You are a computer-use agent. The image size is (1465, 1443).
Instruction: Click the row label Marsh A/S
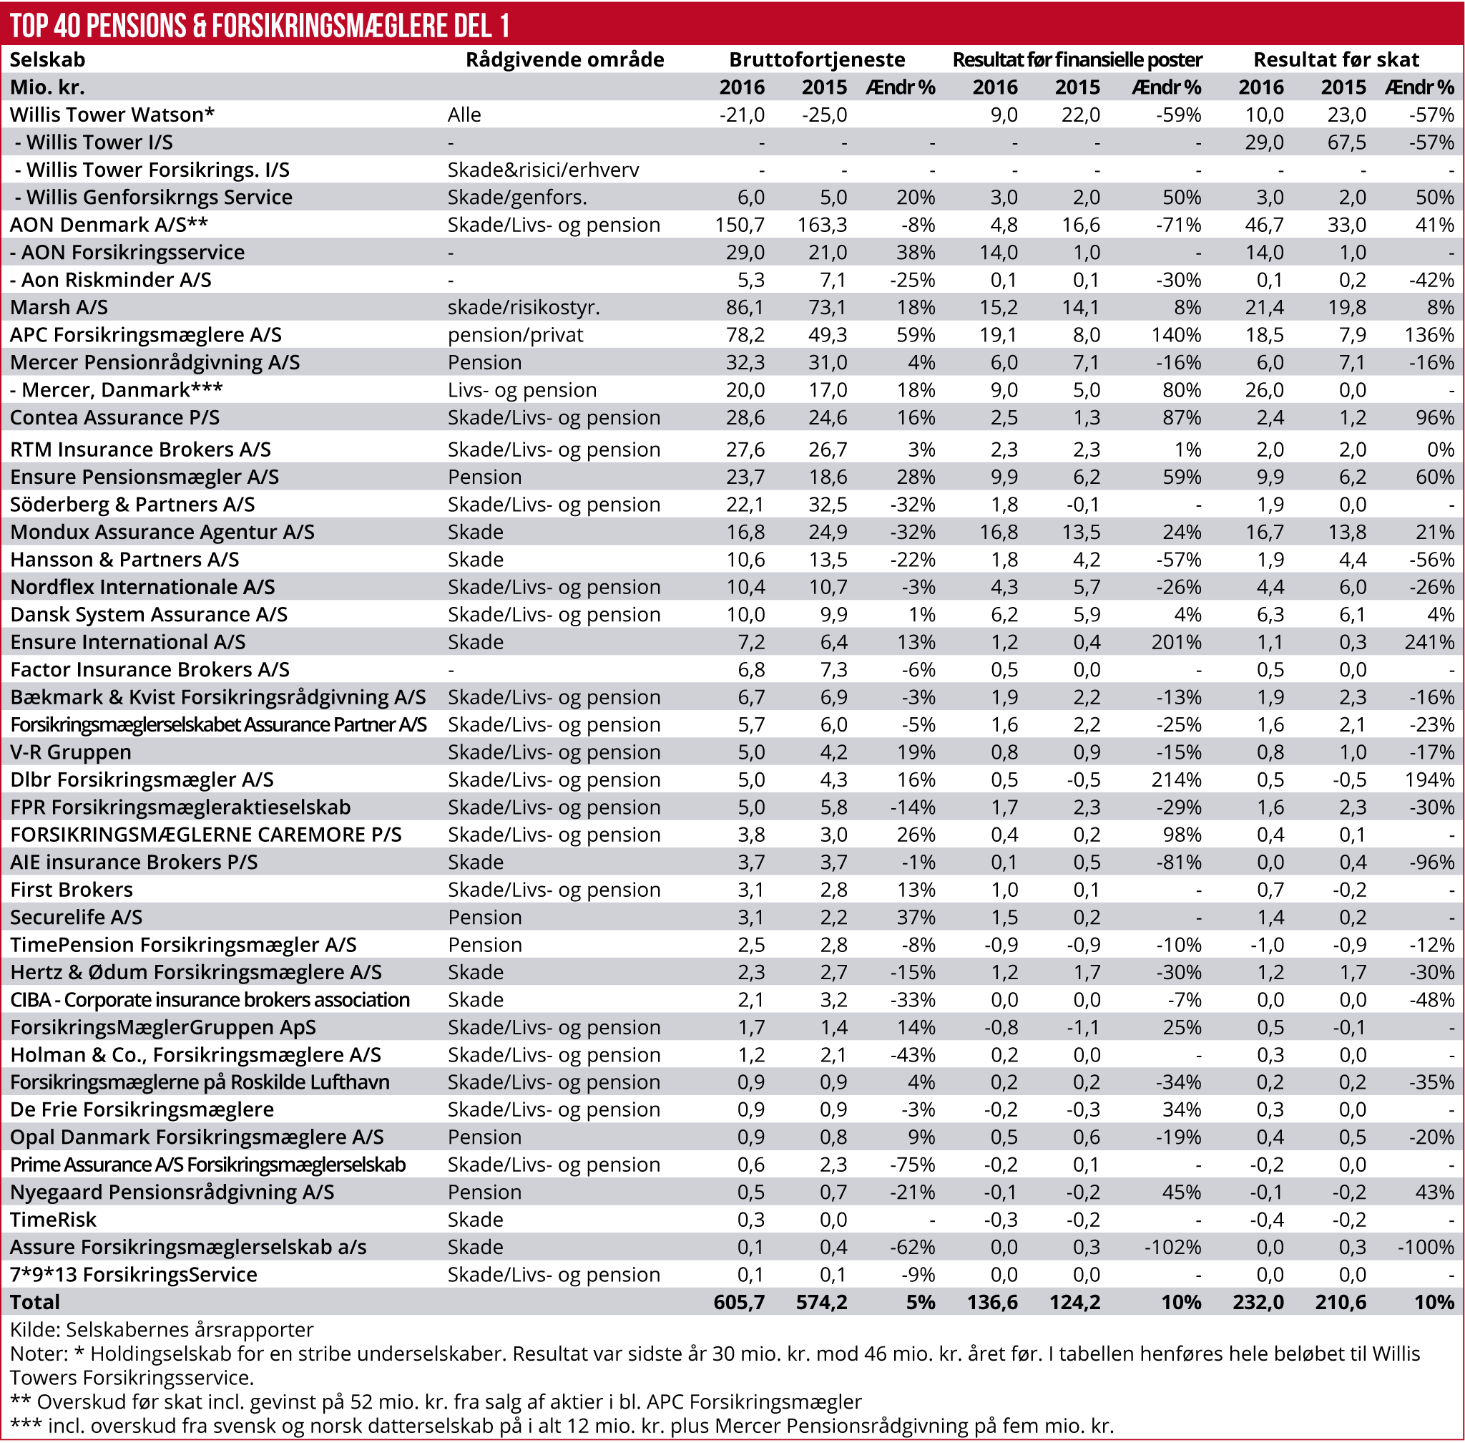(59, 308)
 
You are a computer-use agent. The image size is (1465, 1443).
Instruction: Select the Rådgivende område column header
(564, 60)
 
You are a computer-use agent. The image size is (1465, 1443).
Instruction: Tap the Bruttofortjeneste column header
(817, 60)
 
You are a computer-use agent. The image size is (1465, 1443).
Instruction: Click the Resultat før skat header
(1336, 60)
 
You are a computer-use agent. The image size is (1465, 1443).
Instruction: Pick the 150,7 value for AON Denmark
(740, 225)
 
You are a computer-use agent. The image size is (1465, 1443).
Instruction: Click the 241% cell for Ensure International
(1429, 642)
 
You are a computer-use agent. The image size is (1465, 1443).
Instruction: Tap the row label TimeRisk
(53, 1220)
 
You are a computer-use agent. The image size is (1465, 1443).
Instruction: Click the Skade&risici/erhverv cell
(543, 170)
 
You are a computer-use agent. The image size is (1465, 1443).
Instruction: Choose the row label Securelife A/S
(76, 917)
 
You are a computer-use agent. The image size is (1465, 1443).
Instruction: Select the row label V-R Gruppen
(70, 752)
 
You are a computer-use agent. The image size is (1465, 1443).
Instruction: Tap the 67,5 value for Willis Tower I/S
(1346, 142)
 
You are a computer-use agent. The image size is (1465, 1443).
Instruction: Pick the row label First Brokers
(72, 890)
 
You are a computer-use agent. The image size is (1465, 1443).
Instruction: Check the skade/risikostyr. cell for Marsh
(524, 308)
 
